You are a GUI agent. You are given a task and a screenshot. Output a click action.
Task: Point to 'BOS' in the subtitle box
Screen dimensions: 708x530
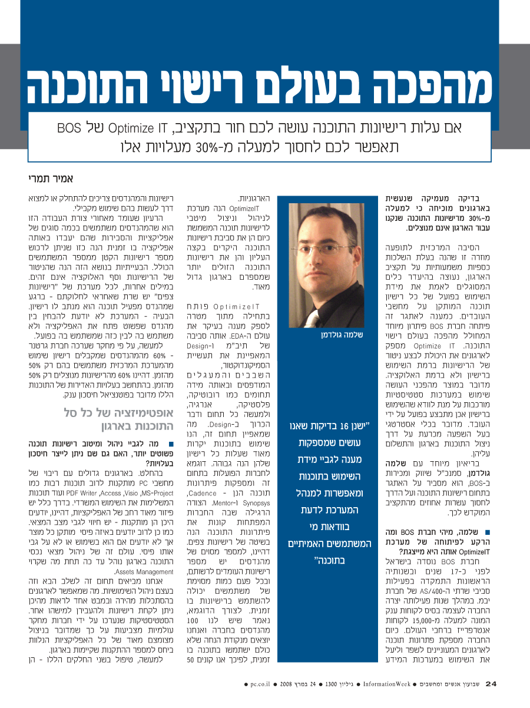(x=69, y=128)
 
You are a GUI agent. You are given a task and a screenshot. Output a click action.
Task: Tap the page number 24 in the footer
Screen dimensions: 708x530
(x=492, y=684)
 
